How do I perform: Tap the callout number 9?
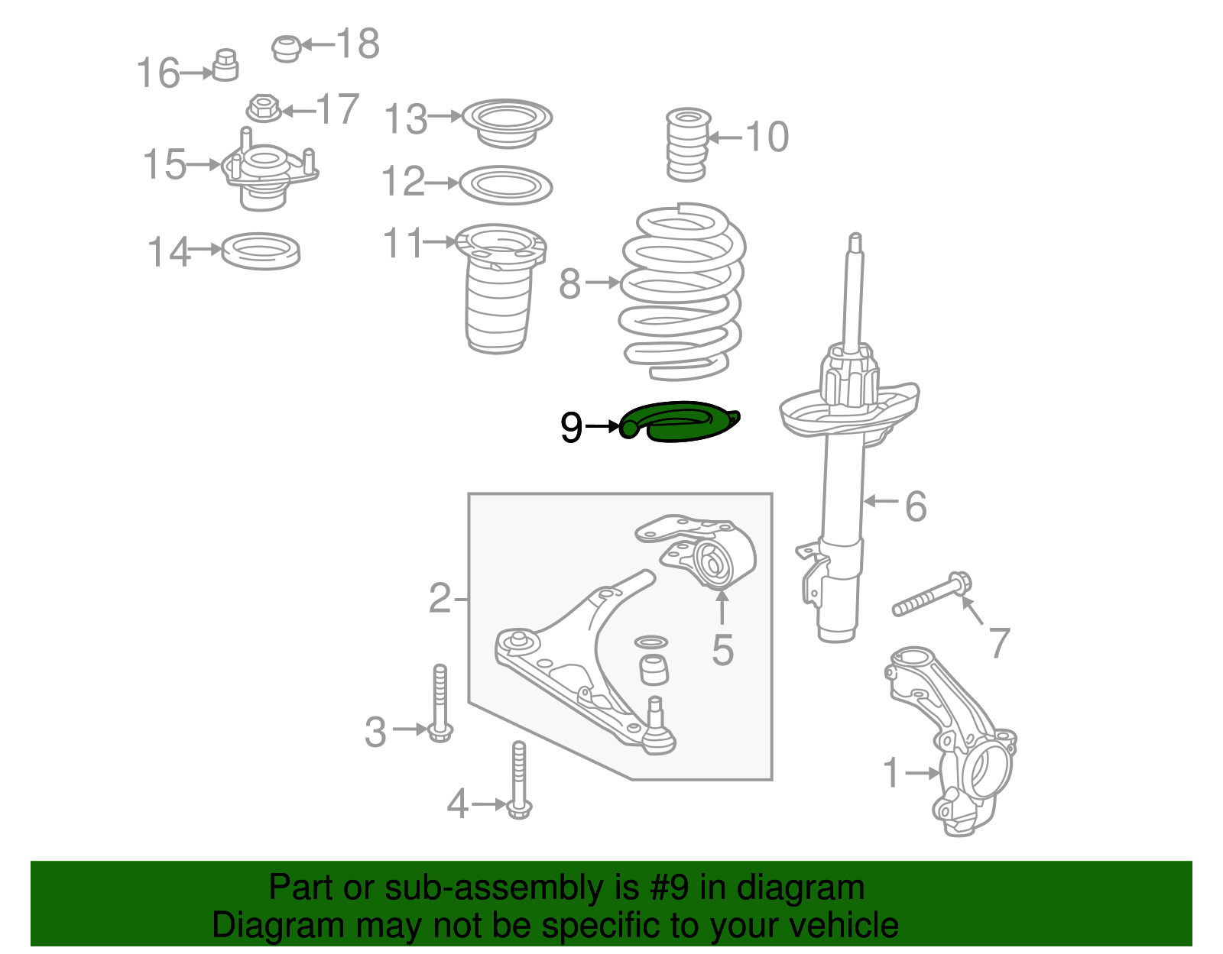tap(571, 428)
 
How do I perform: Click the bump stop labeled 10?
tap(687, 145)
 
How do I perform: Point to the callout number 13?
tap(406, 119)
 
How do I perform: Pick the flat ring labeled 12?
tap(506, 185)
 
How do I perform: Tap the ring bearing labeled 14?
tap(261, 251)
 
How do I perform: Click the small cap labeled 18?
tap(287, 47)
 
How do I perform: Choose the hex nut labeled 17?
tap(264, 108)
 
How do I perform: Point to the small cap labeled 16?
tap(225, 66)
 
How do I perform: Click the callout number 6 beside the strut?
tap(915, 506)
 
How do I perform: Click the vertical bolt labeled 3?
tap(440, 703)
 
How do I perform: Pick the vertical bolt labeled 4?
tap(519, 779)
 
